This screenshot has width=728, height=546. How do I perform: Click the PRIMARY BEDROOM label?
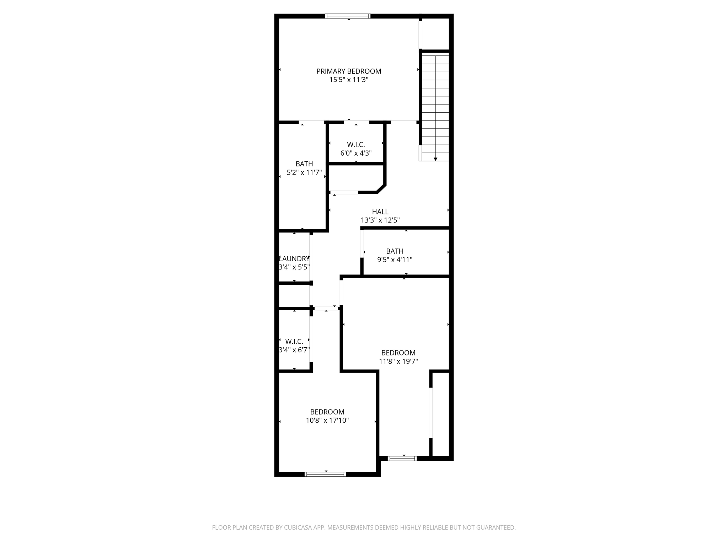[x=348, y=71]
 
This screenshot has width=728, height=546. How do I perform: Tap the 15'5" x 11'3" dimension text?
[x=348, y=80]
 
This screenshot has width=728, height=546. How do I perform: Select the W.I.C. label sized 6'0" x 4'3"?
[x=356, y=145]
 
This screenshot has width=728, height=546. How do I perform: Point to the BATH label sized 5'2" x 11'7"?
[x=304, y=164]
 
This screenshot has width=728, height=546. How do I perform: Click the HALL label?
[x=380, y=212]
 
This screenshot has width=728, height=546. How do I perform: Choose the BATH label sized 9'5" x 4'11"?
[x=395, y=251]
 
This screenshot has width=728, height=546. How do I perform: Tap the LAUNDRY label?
[x=294, y=259]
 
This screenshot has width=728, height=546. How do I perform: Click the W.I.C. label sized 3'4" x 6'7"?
[x=294, y=342]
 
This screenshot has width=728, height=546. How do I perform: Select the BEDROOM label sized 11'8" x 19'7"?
[x=398, y=353]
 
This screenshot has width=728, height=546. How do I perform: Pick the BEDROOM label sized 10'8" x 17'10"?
[x=327, y=412]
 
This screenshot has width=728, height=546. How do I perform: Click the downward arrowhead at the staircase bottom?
[x=435, y=159]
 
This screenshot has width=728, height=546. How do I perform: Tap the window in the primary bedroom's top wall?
[x=348, y=16]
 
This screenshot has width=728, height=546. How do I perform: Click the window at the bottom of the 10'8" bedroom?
[x=325, y=474]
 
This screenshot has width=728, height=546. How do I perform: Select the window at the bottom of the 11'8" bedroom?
[x=402, y=458]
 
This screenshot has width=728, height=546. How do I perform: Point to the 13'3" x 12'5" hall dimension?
[x=380, y=220]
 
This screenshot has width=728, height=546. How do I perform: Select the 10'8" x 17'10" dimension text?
[x=327, y=421]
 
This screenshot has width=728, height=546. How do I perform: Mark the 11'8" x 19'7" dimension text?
[x=398, y=362]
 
